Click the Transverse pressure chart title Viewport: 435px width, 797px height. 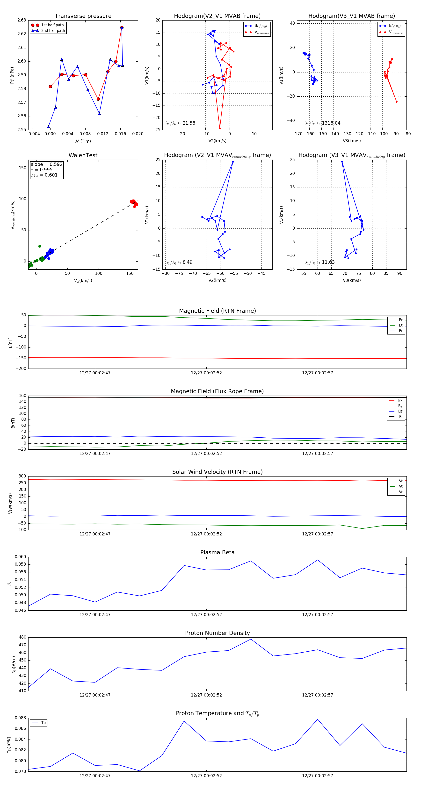point(83,16)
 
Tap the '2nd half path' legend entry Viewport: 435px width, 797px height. point(53,31)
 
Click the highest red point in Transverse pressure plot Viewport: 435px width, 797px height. point(122,28)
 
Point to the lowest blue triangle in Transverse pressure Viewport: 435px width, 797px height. point(48,127)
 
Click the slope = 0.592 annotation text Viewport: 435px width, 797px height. point(46,164)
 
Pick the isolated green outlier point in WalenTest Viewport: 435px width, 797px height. point(40,246)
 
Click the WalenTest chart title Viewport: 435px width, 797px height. point(83,155)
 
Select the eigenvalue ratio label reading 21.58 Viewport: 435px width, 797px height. point(189,123)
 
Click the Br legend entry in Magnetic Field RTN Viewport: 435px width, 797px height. point(401,320)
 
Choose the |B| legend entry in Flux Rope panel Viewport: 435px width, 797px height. point(400,417)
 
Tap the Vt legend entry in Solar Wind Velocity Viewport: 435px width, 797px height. point(401,486)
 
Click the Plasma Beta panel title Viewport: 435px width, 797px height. point(217,552)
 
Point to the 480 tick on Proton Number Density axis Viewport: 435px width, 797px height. point(22,637)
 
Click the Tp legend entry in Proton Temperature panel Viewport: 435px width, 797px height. point(43,723)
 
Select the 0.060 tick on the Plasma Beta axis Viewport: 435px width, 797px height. point(21,557)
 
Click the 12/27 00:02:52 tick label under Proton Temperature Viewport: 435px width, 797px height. point(206,776)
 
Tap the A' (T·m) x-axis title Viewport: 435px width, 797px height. point(83,141)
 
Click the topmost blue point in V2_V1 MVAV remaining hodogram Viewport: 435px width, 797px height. point(233,162)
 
